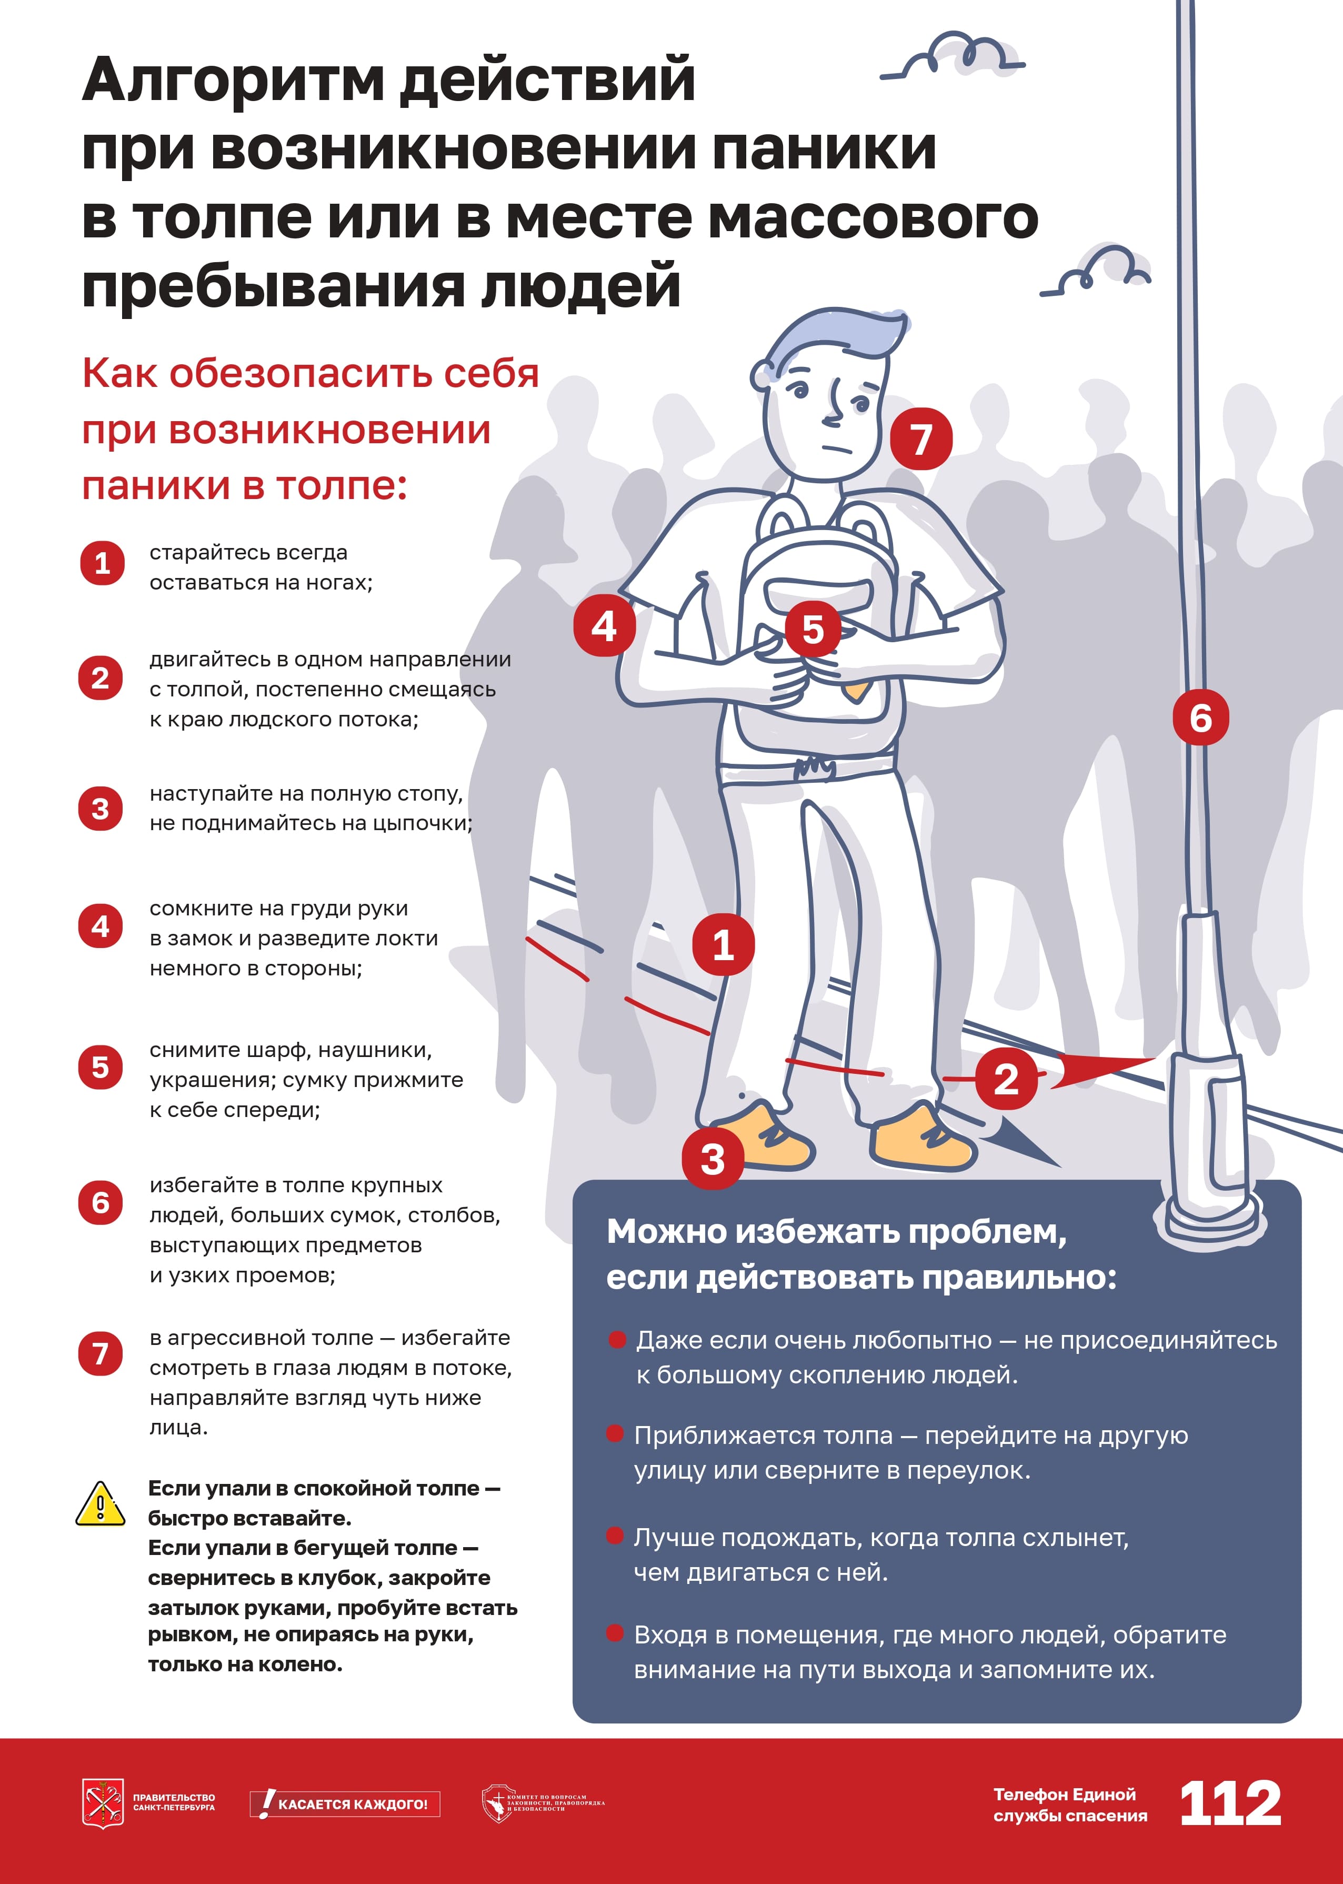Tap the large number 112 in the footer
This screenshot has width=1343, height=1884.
[1230, 1804]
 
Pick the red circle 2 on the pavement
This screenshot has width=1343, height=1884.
[1006, 1079]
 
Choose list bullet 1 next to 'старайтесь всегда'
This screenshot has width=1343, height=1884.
[102, 563]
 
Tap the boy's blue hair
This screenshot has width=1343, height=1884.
[835, 339]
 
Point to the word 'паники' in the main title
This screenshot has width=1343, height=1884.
[824, 149]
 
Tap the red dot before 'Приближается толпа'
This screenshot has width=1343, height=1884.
[615, 1433]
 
